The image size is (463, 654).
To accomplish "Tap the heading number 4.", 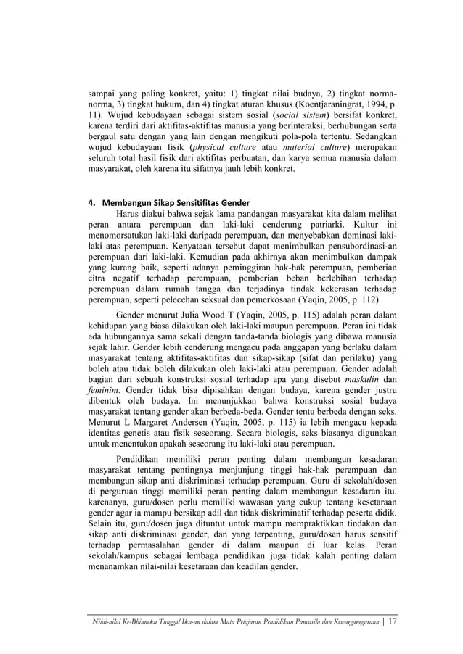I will pos(82,202).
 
